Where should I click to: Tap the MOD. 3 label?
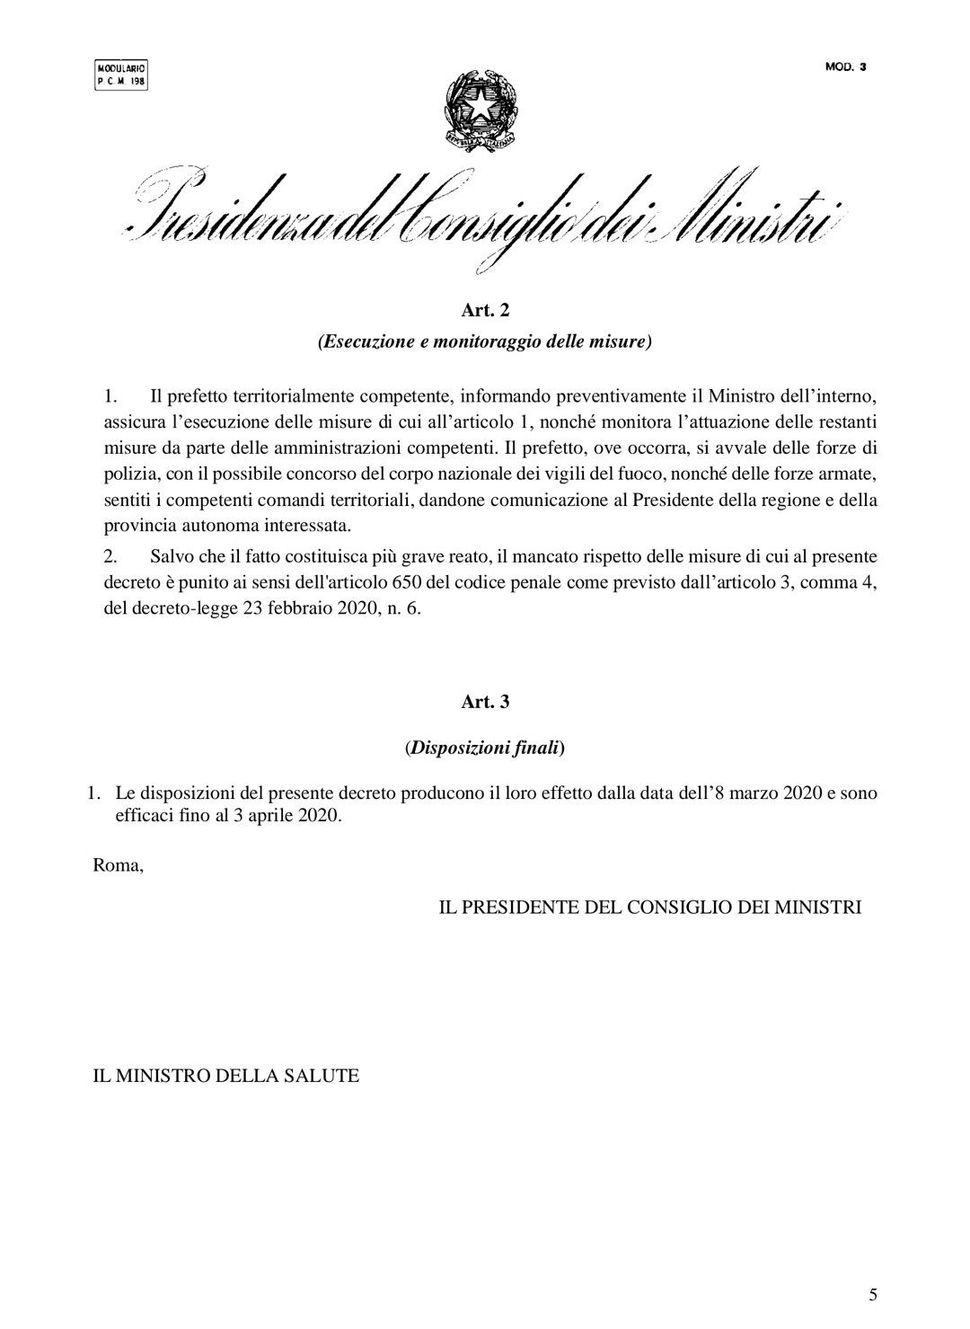point(844,66)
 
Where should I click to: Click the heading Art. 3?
point(485,703)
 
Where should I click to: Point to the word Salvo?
point(173,556)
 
